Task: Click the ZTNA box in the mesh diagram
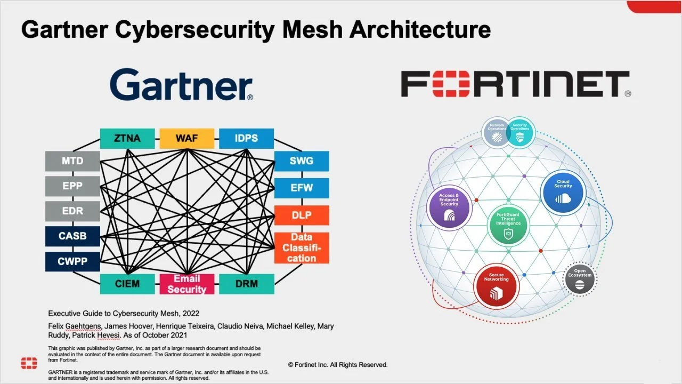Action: [127, 139]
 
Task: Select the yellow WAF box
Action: [187, 139]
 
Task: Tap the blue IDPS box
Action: [246, 139]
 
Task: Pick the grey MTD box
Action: [72, 161]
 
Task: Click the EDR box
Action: [72, 211]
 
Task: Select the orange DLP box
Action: [302, 215]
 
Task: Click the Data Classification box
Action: [302, 248]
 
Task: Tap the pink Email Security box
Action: [187, 284]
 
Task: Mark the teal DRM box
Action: [246, 284]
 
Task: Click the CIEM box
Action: [127, 284]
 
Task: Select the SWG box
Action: [302, 161]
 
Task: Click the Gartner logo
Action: [182, 85]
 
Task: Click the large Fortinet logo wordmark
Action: [515, 85]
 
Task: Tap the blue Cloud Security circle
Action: [563, 193]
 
